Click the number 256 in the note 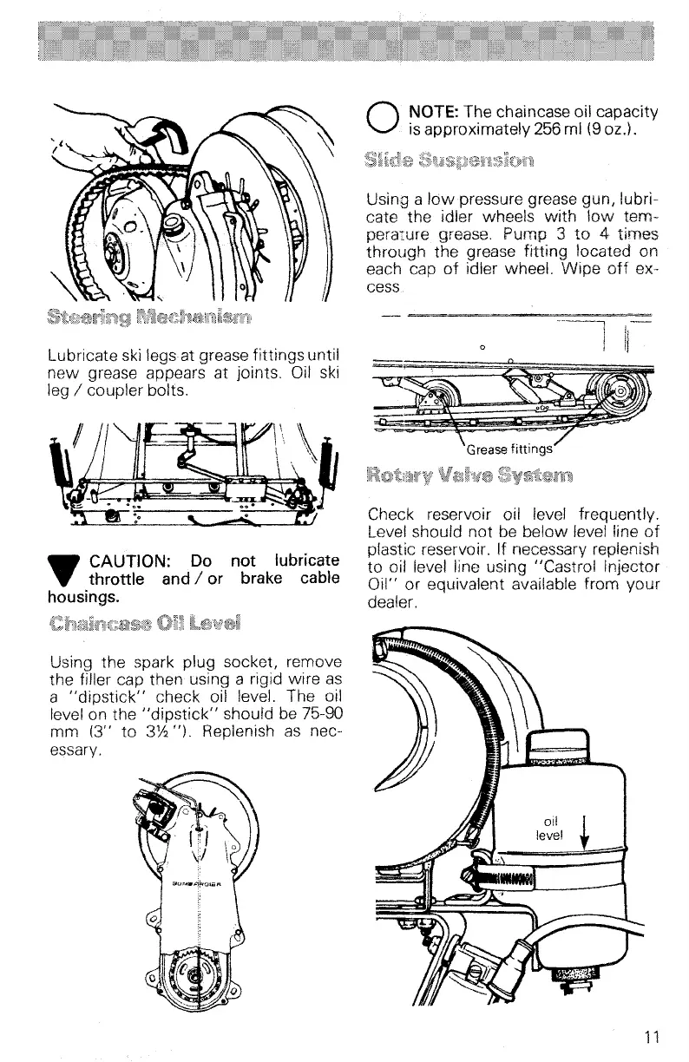point(533,133)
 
